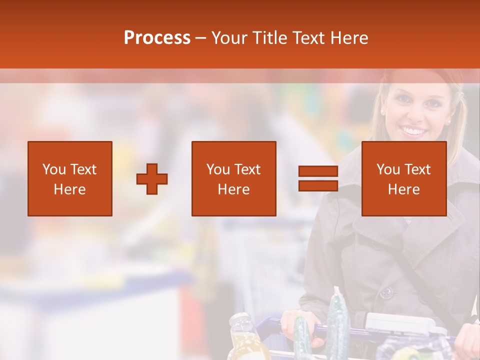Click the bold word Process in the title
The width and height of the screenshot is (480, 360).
(157, 38)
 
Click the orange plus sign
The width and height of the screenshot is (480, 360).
(152, 179)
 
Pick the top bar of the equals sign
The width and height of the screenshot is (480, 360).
(318, 171)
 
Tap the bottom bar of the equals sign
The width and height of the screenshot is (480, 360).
(318, 186)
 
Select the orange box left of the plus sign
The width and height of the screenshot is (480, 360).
(70, 178)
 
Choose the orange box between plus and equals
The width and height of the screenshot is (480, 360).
(233, 178)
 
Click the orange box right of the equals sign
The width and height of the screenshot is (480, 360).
(403, 178)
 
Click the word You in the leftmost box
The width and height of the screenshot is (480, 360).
(54, 169)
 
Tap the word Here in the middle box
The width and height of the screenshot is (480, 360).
(233, 189)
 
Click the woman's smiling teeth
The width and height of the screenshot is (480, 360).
(413, 131)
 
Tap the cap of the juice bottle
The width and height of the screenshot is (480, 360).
(240, 318)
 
